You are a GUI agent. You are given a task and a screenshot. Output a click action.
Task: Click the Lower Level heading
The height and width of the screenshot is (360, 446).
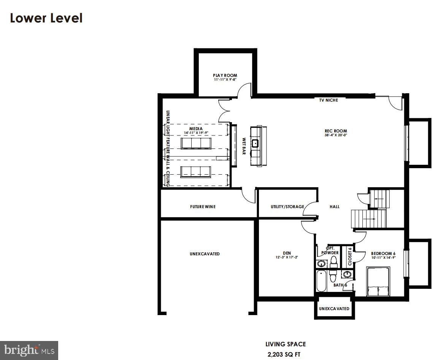coord(46,18)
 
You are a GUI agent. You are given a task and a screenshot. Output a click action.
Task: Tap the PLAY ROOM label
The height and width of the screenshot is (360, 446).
coord(225,75)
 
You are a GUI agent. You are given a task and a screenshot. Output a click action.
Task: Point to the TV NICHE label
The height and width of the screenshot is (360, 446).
coord(328,100)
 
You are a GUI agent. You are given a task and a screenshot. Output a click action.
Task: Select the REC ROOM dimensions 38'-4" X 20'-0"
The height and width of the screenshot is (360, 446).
coord(336,135)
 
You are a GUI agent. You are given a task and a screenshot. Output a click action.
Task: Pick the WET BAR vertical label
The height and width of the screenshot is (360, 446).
coord(244,146)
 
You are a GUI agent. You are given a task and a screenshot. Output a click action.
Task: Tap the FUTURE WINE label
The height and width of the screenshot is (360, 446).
coord(203,207)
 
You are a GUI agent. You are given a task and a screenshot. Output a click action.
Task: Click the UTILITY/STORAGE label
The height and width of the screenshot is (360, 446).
coord(287,207)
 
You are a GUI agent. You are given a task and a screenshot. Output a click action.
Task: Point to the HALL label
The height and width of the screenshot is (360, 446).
coord(335,207)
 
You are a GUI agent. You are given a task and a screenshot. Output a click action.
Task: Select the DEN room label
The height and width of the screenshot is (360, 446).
coord(287,253)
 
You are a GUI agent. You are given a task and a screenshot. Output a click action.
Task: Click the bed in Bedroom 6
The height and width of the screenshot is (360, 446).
coord(378,282)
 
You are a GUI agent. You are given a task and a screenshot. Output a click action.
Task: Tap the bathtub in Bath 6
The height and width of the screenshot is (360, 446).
coord(321,281)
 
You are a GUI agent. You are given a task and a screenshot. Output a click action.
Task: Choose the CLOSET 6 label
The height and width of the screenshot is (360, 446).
coord(350,256)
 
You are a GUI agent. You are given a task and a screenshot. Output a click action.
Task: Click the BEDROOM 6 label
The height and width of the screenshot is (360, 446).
coord(383,253)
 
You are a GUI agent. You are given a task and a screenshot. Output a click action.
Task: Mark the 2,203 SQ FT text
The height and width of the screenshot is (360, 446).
coord(284,355)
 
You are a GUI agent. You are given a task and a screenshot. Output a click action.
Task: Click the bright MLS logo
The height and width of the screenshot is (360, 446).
coord(29,350)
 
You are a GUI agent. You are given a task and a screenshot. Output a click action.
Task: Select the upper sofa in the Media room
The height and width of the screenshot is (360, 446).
coord(196,143)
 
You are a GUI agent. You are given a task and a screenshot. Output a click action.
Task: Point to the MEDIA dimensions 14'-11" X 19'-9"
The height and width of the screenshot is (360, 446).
coord(196,133)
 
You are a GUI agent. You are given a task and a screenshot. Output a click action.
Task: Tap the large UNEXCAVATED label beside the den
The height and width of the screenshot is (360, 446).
coord(205,254)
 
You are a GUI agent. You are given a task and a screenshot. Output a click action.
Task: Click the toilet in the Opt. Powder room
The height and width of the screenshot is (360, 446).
coord(334,261)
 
